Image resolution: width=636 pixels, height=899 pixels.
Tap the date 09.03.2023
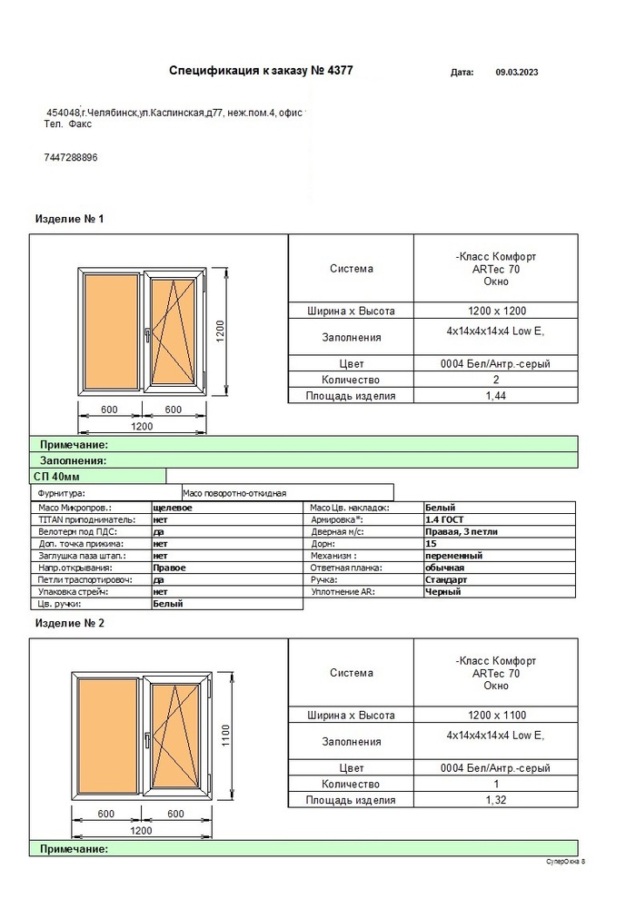click(517, 71)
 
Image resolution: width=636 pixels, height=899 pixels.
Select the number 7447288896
click(70, 157)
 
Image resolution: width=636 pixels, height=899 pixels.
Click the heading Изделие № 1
click(69, 219)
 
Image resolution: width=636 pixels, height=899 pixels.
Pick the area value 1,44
click(495, 396)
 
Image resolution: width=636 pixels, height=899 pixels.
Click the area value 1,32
click(495, 801)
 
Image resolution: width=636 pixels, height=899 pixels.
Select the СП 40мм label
click(56, 476)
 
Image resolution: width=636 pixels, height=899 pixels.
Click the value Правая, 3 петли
click(462, 531)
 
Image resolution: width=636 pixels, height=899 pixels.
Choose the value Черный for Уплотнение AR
click(442, 591)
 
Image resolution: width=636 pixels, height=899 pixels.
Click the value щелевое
click(173, 508)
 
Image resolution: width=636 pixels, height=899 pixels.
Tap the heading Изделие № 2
click(69, 624)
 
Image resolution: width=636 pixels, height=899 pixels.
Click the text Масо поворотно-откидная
click(234, 492)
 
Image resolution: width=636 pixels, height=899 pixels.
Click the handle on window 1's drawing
click(145, 336)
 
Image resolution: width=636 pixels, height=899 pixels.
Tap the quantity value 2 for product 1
click(495, 380)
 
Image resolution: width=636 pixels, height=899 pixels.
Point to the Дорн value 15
click(431, 543)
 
